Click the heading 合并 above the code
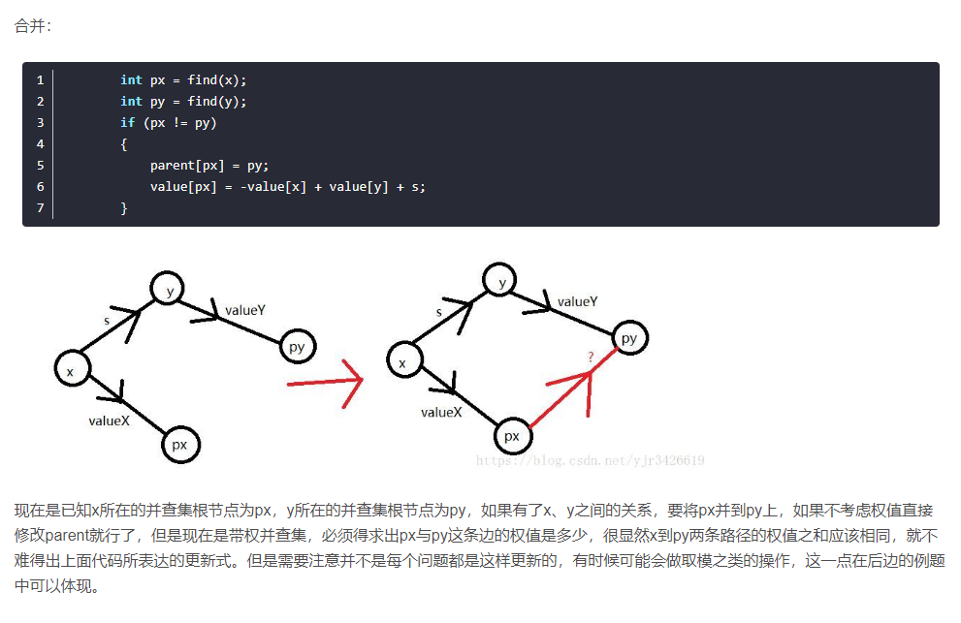tap(32, 26)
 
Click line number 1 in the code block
tap(40, 80)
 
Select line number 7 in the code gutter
tap(40, 208)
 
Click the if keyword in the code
tap(127, 123)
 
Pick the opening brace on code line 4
tap(124, 144)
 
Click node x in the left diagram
tap(71, 370)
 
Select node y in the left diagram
tap(169, 288)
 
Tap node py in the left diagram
tap(297, 347)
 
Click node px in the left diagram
tap(179, 444)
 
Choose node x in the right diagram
tap(403, 361)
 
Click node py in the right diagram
tap(629, 338)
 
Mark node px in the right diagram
tap(512, 436)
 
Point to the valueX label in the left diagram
tap(109, 421)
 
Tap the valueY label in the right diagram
tap(577, 301)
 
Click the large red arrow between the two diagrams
tap(326, 384)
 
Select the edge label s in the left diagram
tap(107, 319)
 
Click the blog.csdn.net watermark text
tap(591, 460)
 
